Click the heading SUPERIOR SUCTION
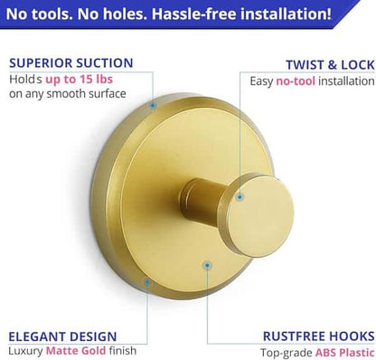[x=70, y=63]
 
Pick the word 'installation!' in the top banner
[x=289, y=15]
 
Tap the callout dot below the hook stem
[x=208, y=266]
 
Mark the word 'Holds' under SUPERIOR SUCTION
[x=26, y=81]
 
